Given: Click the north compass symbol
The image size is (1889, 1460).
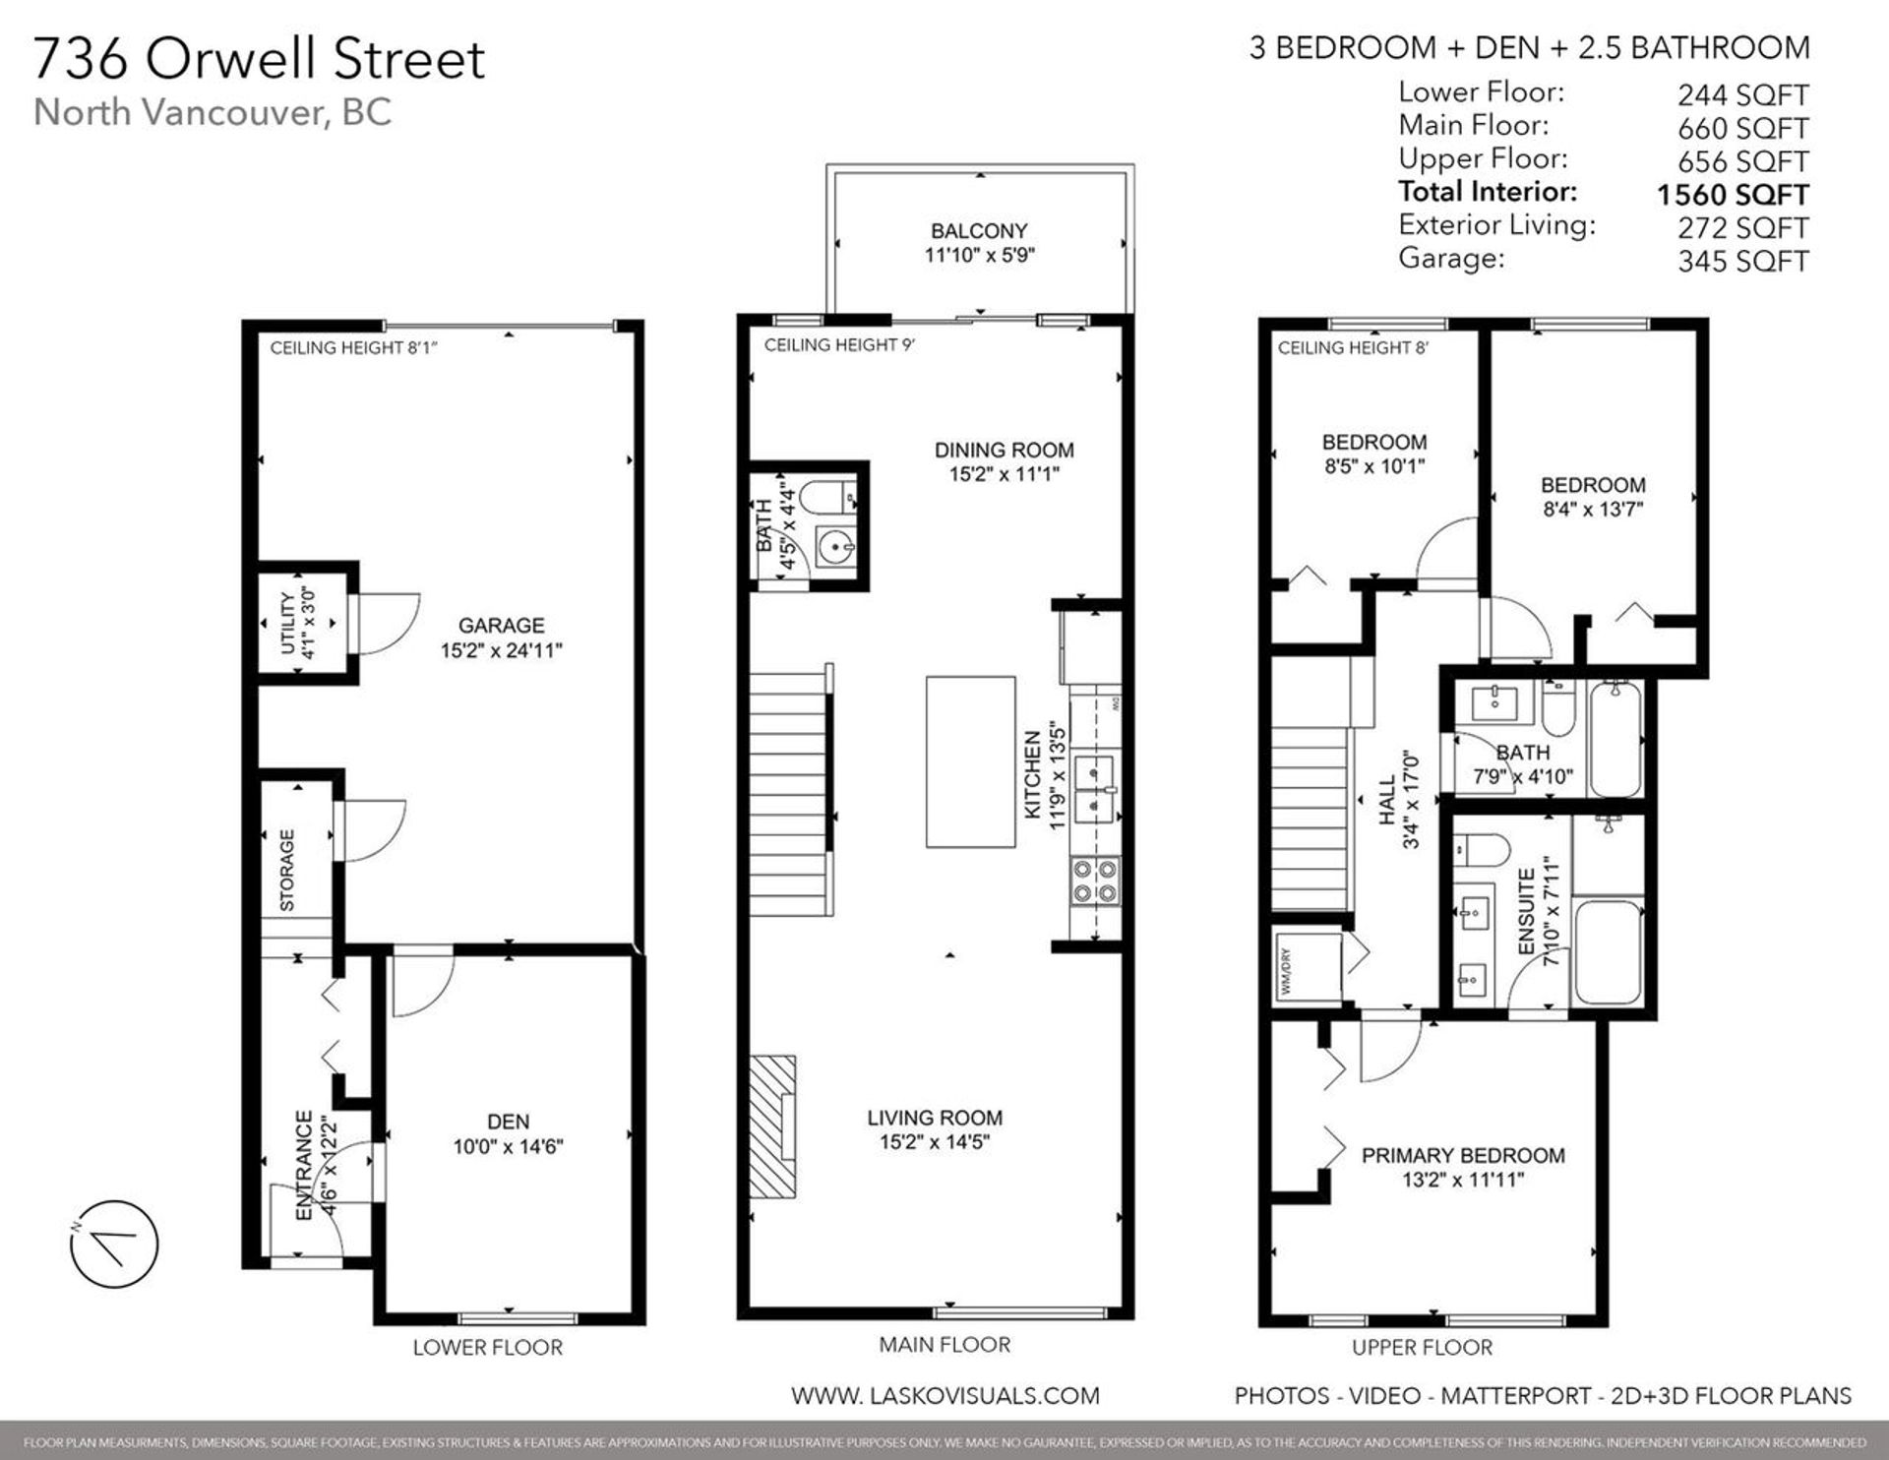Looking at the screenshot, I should tap(114, 1245).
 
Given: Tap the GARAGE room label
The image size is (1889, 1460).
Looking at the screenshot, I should tap(501, 626).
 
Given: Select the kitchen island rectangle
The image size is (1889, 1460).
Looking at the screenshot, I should tap(970, 761).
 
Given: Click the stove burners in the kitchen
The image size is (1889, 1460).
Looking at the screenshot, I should tap(1095, 881).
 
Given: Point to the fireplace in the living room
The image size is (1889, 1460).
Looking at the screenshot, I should tap(773, 1126).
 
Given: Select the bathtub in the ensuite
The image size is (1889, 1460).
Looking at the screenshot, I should tap(1608, 952).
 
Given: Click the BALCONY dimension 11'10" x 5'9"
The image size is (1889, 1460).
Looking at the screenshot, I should tap(979, 256).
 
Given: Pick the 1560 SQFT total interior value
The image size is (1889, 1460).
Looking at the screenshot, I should tap(1732, 195).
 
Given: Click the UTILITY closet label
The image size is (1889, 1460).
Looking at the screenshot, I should tap(287, 624).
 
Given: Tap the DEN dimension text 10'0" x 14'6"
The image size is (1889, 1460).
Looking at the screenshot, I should tap(508, 1146).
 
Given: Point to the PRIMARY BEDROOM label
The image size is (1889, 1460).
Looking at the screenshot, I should tap(1462, 1156).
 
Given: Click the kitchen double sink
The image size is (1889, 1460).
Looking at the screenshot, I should tap(1094, 788).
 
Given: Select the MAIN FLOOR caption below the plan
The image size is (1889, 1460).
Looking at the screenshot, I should tap(944, 1345).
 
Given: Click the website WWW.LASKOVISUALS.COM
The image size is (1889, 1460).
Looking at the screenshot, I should tap(944, 1395).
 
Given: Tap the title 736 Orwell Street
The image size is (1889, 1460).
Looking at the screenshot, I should tap(259, 59).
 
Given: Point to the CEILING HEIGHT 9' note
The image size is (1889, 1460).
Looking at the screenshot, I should tap(839, 345).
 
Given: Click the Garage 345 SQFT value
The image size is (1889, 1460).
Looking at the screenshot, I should tap(1742, 262).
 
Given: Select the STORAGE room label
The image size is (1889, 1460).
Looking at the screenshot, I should tap(287, 870).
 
